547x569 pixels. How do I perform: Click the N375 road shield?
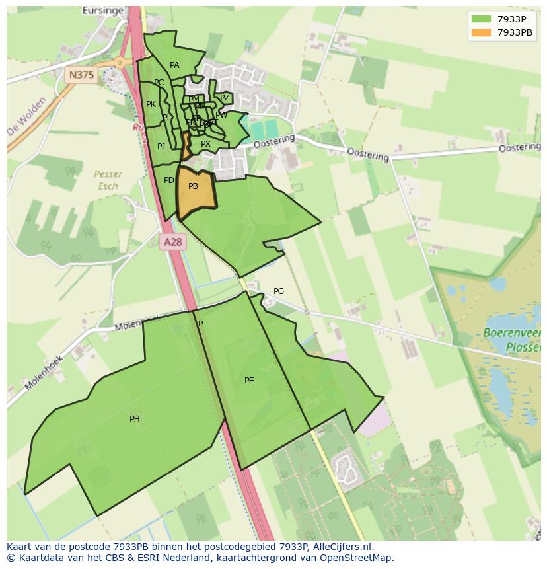(x=81, y=75)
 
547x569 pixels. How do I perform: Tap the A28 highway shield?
(x=172, y=242)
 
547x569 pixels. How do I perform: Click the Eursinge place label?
(x=103, y=11)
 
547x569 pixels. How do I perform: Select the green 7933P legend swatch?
(x=481, y=19)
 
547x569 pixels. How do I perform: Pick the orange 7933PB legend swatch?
(x=481, y=32)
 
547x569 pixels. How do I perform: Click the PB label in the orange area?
(x=193, y=186)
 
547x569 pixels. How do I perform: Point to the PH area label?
(x=135, y=419)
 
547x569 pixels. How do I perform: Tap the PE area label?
(x=249, y=381)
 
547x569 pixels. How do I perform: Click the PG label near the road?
(x=279, y=291)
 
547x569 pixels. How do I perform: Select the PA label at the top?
(x=174, y=65)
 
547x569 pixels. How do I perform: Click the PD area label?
(x=169, y=180)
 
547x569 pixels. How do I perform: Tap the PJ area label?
(x=161, y=147)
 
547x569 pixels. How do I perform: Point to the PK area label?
(x=151, y=104)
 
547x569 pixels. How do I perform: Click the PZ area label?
(x=225, y=98)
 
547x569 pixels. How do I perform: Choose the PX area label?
(x=205, y=144)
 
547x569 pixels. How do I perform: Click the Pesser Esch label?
(x=108, y=180)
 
